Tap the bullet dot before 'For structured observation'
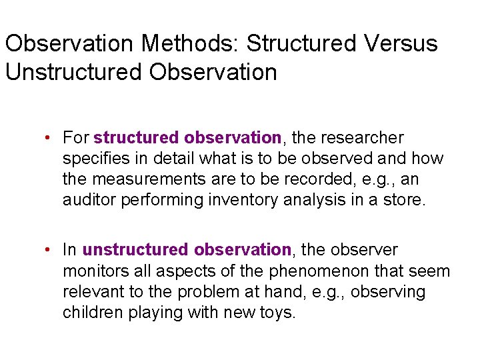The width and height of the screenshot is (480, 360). click(x=49, y=138)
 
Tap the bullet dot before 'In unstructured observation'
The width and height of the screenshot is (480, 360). click(x=49, y=250)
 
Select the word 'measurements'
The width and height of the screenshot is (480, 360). click(x=143, y=180)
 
